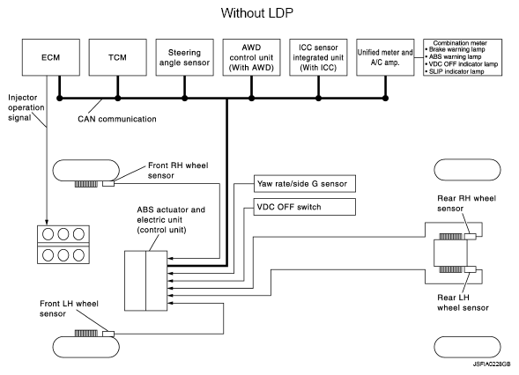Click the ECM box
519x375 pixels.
click(x=51, y=57)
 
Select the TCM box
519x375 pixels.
click(x=118, y=57)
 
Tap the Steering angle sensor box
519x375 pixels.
click(x=185, y=57)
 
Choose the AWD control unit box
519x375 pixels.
click(x=251, y=57)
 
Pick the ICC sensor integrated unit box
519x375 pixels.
click(x=318, y=57)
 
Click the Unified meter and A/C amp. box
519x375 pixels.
click(x=385, y=57)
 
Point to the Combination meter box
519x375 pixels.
click(x=463, y=57)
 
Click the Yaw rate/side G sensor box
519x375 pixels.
click(x=305, y=184)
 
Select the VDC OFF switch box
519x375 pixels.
click(x=305, y=207)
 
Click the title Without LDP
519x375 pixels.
click(x=256, y=13)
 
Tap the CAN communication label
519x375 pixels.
click(x=117, y=119)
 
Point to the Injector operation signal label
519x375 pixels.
click(x=26, y=107)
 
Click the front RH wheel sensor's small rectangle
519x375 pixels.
click(x=108, y=183)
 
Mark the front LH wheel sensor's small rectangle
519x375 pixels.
click(x=108, y=334)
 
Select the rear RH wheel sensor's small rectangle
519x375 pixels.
click(x=470, y=237)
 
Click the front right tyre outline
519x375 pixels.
click(x=86, y=160)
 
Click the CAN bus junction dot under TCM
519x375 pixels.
click(x=118, y=99)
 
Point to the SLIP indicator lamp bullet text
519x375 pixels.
click(x=455, y=71)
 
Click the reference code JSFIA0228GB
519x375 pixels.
click(x=492, y=364)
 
